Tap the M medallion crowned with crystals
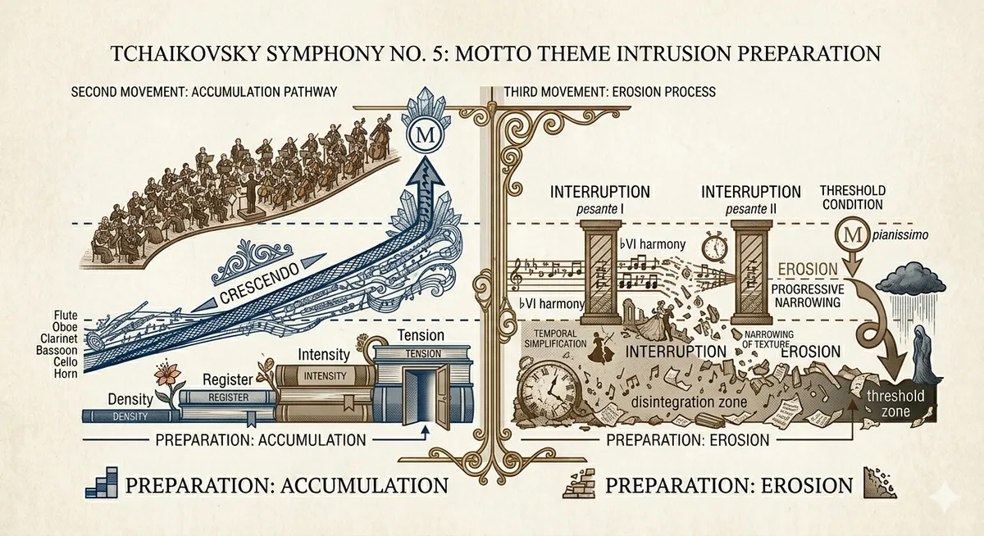425,134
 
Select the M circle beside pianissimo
853,235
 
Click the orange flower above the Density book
167,377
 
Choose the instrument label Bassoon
57,350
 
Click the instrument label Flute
66,315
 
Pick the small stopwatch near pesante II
715,248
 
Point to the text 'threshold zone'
895,404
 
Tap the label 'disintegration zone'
689,402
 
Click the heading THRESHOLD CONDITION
853,198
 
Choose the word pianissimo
900,236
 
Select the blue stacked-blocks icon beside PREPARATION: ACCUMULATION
102,483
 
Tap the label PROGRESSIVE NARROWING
808,295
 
